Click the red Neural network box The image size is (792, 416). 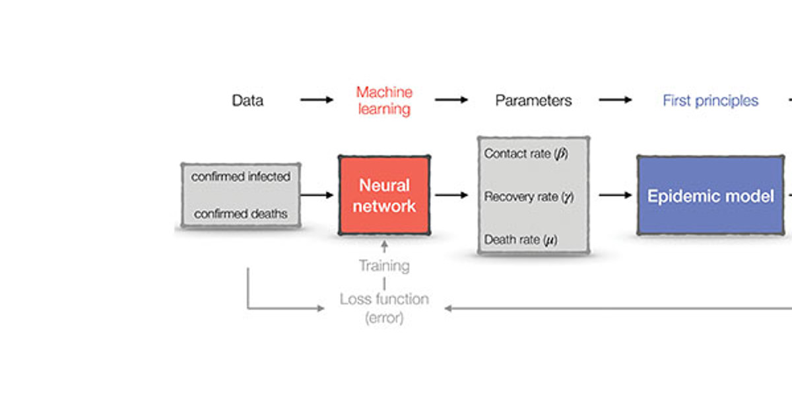[x=384, y=195]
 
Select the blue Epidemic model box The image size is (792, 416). [x=710, y=196]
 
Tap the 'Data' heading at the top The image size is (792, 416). [x=247, y=101]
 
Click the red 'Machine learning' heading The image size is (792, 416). [x=384, y=100]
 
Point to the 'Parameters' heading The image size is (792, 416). [x=533, y=101]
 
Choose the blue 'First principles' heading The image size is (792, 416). [x=710, y=101]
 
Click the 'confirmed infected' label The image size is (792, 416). [x=241, y=177]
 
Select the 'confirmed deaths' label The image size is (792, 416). [x=241, y=214]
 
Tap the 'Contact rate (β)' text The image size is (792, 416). [x=526, y=154]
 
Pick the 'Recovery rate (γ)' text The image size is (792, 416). [x=529, y=197]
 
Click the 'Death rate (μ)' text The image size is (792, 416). [x=521, y=240]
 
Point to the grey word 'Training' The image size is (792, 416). [x=384, y=266]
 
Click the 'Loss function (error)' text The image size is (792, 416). [x=384, y=308]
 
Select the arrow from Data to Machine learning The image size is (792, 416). [x=317, y=100]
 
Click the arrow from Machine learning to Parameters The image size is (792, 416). [x=451, y=100]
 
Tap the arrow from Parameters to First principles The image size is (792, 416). [x=615, y=100]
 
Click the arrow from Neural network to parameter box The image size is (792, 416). [x=451, y=195]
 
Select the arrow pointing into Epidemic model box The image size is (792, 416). [x=615, y=195]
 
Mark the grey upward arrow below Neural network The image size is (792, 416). [x=385, y=248]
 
